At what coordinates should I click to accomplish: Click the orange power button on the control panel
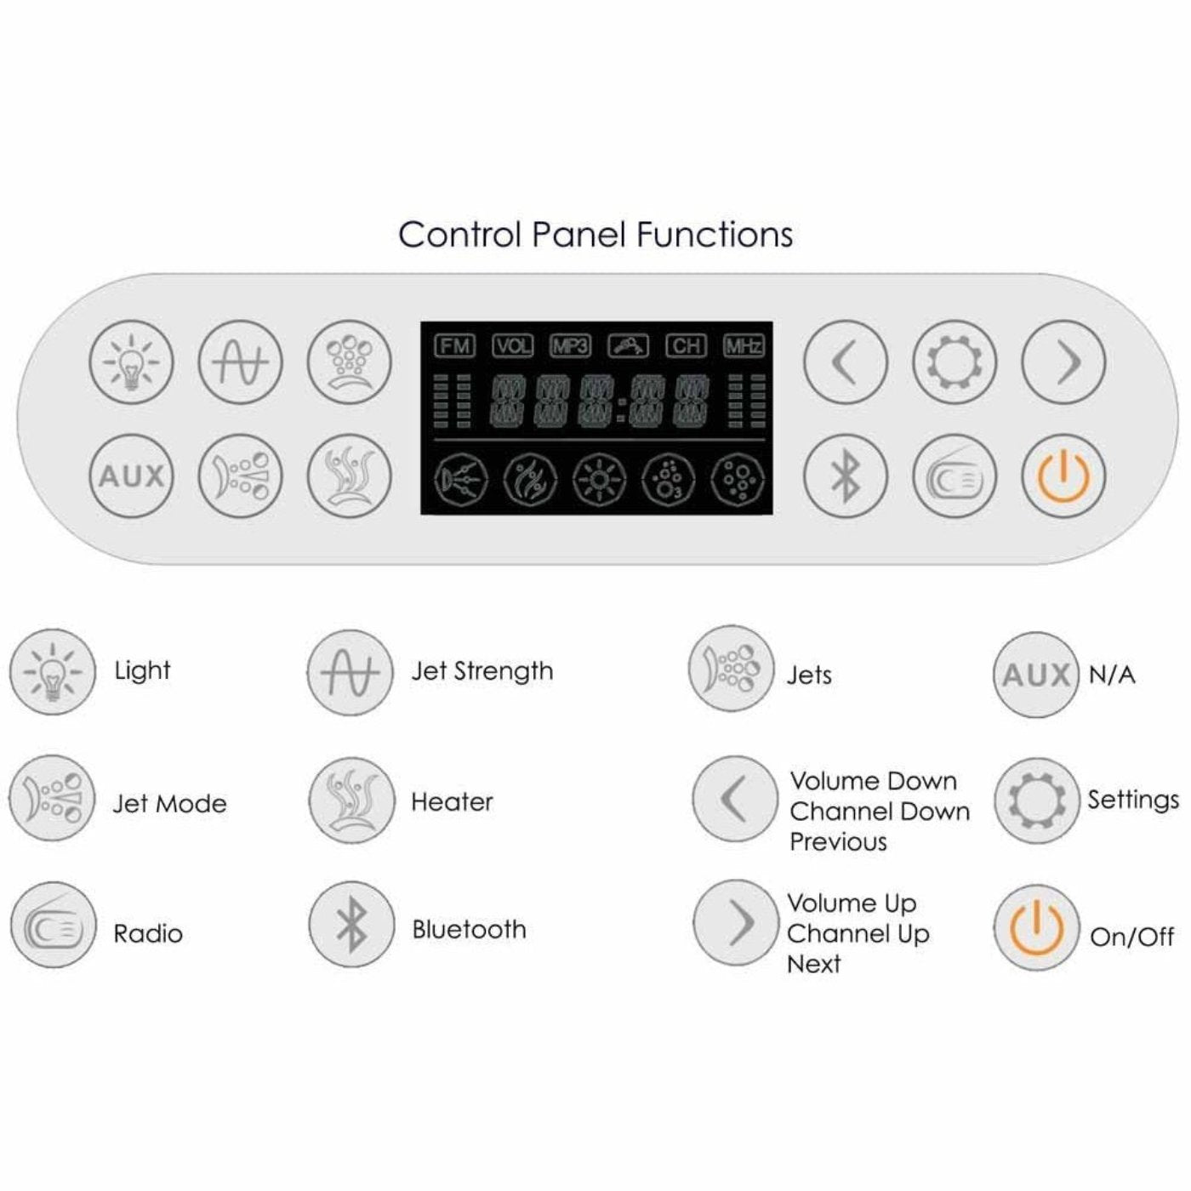point(1063,476)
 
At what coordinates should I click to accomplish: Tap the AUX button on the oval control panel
point(131,476)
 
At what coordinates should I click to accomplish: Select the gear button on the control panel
point(954,362)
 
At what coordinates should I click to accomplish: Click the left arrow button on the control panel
point(845,362)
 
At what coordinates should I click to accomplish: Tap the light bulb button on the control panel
point(131,362)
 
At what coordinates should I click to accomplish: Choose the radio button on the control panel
point(954,476)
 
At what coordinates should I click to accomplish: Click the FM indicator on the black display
point(454,345)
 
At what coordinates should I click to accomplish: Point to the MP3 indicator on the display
point(570,345)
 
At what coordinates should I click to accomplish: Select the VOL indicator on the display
point(512,345)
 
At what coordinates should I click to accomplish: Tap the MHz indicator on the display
point(744,345)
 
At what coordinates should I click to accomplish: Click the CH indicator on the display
point(686,345)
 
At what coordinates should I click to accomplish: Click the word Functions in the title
point(715,235)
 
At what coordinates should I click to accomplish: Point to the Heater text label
point(452,801)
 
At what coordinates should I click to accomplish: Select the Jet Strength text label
point(482,671)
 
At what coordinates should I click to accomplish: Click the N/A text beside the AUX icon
point(1112,675)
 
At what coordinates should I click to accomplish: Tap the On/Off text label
point(1131,937)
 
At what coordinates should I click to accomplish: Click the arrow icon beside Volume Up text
point(736,922)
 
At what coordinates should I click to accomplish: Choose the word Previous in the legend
point(838,842)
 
